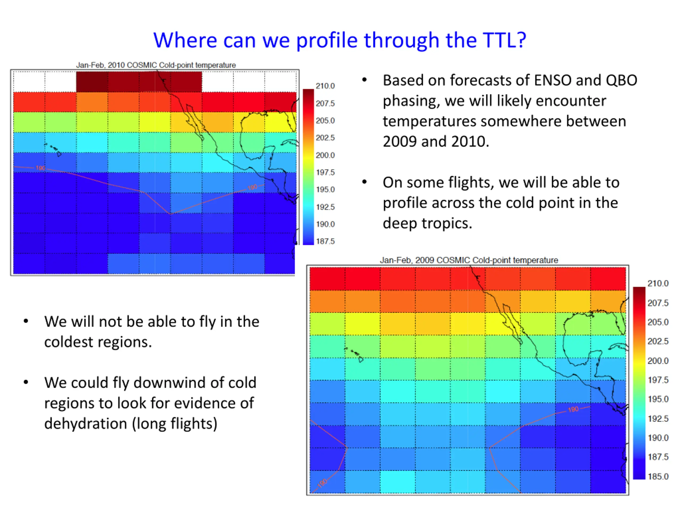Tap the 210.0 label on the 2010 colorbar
coord(325,86)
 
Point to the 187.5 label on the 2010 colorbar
coord(325,241)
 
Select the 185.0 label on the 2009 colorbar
coord(658,476)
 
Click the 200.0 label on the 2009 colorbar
coord(658,361)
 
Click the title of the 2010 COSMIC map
coord(156,65)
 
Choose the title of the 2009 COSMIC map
coord(469,260)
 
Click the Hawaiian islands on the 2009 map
coord(354,355)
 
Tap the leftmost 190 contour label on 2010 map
coord(40,168)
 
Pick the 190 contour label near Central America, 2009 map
coord(573,409)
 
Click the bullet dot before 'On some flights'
coord(365,182)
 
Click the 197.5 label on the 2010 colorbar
coord(325,172)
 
